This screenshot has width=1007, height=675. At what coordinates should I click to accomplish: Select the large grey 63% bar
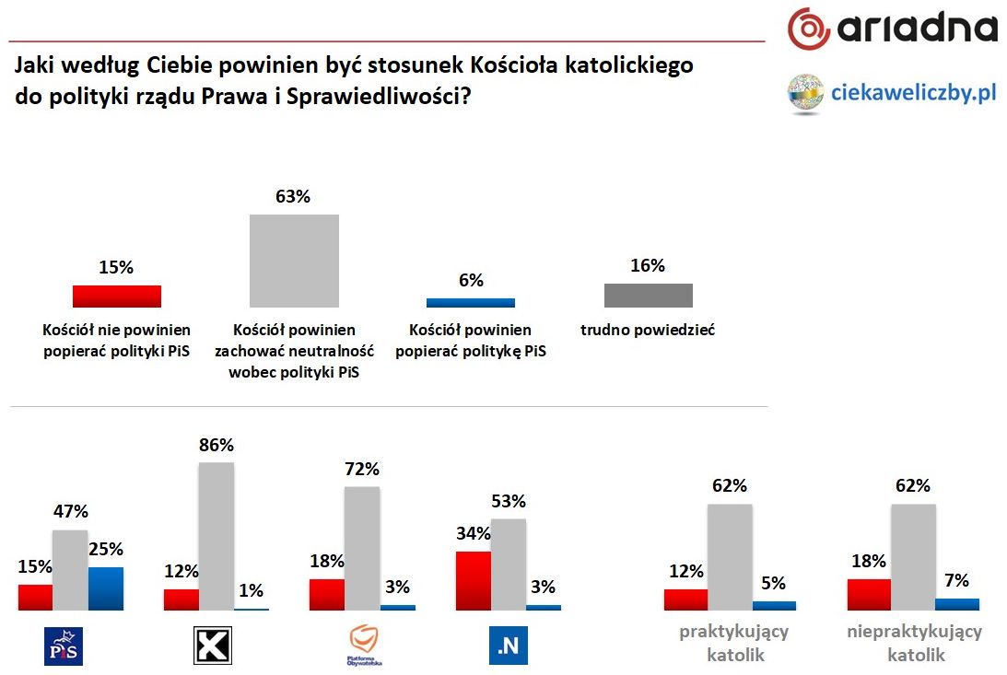[x=295, y=261]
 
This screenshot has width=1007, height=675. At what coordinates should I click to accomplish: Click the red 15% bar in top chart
[x=117, y=296]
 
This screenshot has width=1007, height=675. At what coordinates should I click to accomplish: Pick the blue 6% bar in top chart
[x=470, y=302]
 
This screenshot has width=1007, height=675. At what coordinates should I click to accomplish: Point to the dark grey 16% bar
[x=648, y=295]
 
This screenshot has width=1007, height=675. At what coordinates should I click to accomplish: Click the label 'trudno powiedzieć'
[x=648, y=330]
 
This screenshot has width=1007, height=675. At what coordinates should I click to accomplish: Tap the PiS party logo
[x=64, y=646]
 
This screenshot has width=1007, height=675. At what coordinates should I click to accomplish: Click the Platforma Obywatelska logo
[x=366, y=646]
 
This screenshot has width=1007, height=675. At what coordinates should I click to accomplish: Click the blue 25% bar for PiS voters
[x=105, y=588]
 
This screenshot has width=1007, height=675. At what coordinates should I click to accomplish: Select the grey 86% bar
[x=217, y=536]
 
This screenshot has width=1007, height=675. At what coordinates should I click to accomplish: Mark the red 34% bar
[x=473, y=580]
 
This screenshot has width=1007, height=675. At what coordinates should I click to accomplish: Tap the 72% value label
[x=361, y=470]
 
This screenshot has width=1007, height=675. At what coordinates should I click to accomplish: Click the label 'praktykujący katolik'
[x=734, y=644]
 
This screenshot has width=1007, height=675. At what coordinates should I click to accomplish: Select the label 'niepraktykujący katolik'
[x=914, y=644]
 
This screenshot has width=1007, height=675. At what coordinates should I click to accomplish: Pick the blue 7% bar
[x=956, y=604]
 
